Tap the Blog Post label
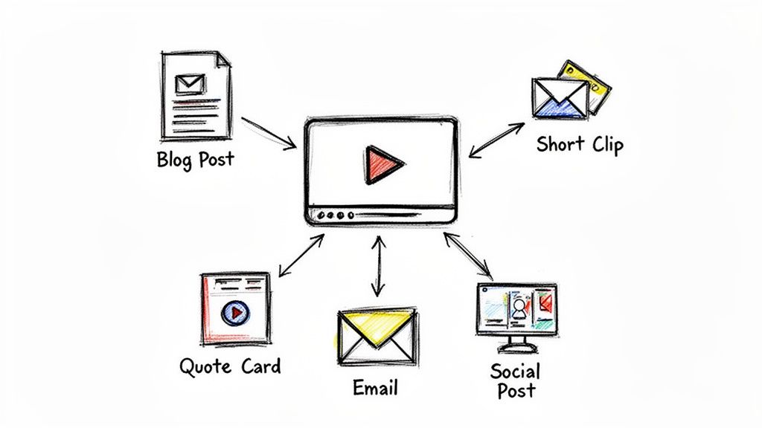(x=195, y=159)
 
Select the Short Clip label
(x=580, y=144)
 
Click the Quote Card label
(x=231, y=366)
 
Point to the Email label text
(x=376, y=388)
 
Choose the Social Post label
(x=515, y=380)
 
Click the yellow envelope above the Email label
(x=377, y=337)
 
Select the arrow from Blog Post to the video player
(x=269, y=132)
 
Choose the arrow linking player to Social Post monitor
(x=470, y=256)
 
